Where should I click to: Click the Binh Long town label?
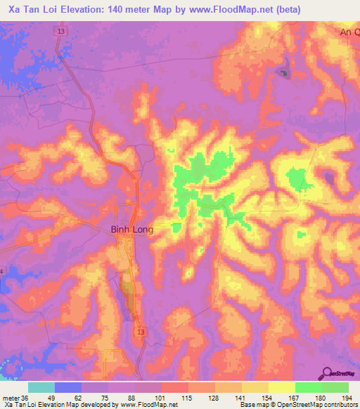pos(132,230)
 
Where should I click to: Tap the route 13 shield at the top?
pos(63,32)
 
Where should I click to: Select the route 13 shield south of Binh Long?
pos(143,330)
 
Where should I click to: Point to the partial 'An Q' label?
pos(349,32)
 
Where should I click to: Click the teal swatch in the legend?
pos(41,387)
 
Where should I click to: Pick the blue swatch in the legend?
pos(68,387)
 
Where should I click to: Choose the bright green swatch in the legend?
pos(309,387)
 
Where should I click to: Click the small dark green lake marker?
pos(284,73)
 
